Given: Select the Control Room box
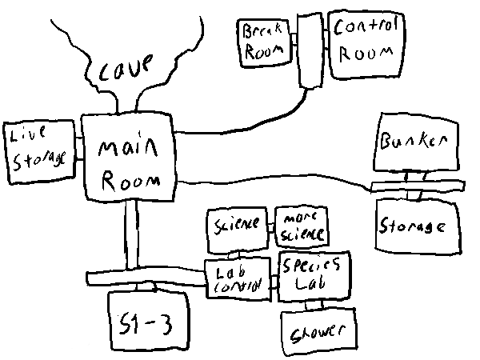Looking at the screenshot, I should coord(365,44).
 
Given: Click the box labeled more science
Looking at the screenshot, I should coord(301,226).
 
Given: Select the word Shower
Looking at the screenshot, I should coord(318,330).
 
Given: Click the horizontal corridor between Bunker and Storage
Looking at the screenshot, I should coord(416,186).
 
